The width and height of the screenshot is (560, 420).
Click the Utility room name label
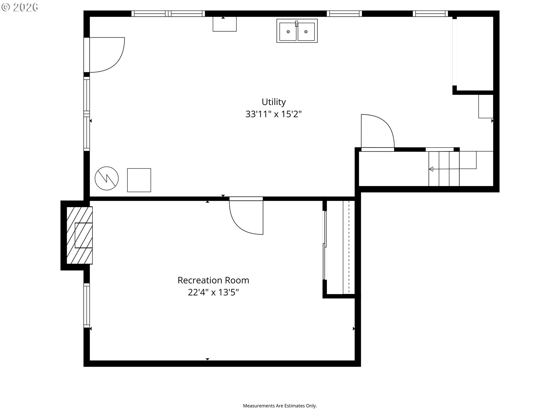point(274,102)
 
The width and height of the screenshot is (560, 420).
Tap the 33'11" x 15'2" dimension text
point(274,114)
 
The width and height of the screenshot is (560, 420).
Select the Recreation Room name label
point(213,280)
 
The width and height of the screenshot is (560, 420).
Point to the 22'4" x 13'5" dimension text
point(213,292)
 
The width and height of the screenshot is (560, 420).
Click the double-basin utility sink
point(297,31)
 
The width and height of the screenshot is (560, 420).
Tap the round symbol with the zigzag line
point(107,178)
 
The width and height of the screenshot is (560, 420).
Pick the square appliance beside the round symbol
point(139,180)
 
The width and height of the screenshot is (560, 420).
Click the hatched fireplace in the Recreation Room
point(80,235)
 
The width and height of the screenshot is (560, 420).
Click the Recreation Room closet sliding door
point(324,245)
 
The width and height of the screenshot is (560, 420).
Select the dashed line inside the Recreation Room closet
point(349,247)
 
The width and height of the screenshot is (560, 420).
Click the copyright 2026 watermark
point(20,7)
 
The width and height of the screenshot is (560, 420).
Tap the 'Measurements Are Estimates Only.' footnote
point(280,406)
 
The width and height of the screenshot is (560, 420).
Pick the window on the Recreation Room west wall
point(87,305)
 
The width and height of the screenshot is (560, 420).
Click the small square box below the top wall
point(225,24)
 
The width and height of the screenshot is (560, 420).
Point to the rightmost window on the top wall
point(430,13)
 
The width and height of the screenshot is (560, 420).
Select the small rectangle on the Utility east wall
point(486,106)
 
